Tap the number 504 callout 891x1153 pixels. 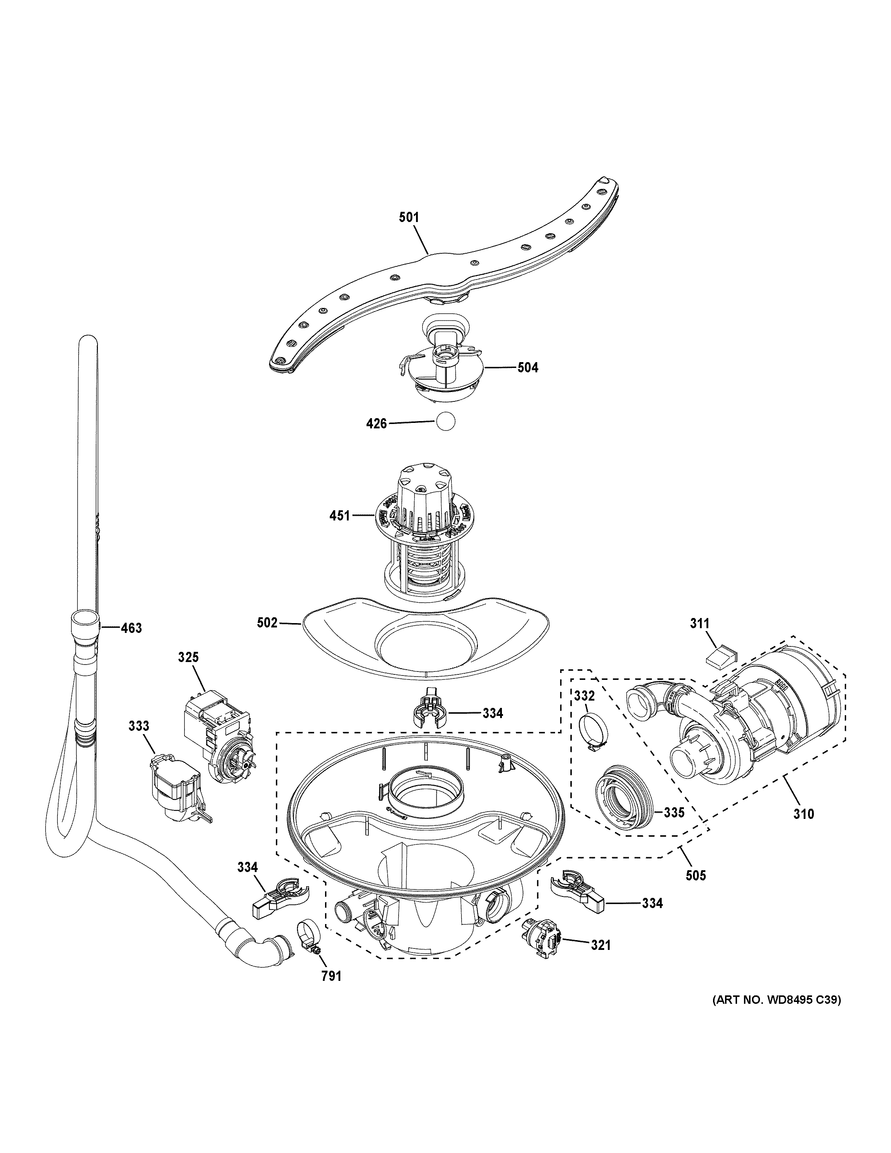coord(527,368)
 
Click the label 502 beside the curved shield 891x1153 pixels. coord(267,623)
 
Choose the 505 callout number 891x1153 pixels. coord(695,876)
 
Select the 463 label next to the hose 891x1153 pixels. coord(131,628)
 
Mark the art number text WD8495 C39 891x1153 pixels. coord(776,1014)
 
